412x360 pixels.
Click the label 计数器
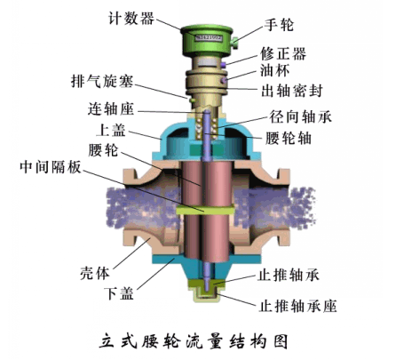[x=131, y=19]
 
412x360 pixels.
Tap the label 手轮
[x=279, y=25]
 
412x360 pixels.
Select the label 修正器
[x=283, y=54]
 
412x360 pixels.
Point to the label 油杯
[x=274, y=70]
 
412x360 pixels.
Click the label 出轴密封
[x=292, y=91]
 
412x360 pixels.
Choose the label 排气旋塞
[x=102, y=81]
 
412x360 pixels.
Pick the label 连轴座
[x=111, y=109]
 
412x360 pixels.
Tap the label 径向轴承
[x=301, y=116]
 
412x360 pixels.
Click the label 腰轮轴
[x=289, y=138]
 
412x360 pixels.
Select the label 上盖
[x=111, y=130]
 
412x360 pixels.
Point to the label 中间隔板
[x=51, y=167]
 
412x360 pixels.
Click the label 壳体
[x=95, y=273]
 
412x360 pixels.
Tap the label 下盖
[x=119, y=293]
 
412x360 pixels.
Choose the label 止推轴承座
[x=298, y=306]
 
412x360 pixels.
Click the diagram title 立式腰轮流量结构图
[x=194, y=341]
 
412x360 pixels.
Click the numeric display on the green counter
[x=209, y=37]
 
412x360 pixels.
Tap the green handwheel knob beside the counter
[x=235, y=43]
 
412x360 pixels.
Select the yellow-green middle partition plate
[x=205, y=210]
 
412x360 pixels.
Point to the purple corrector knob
[x=224, y=64]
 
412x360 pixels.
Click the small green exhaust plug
[x=192, y=100]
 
